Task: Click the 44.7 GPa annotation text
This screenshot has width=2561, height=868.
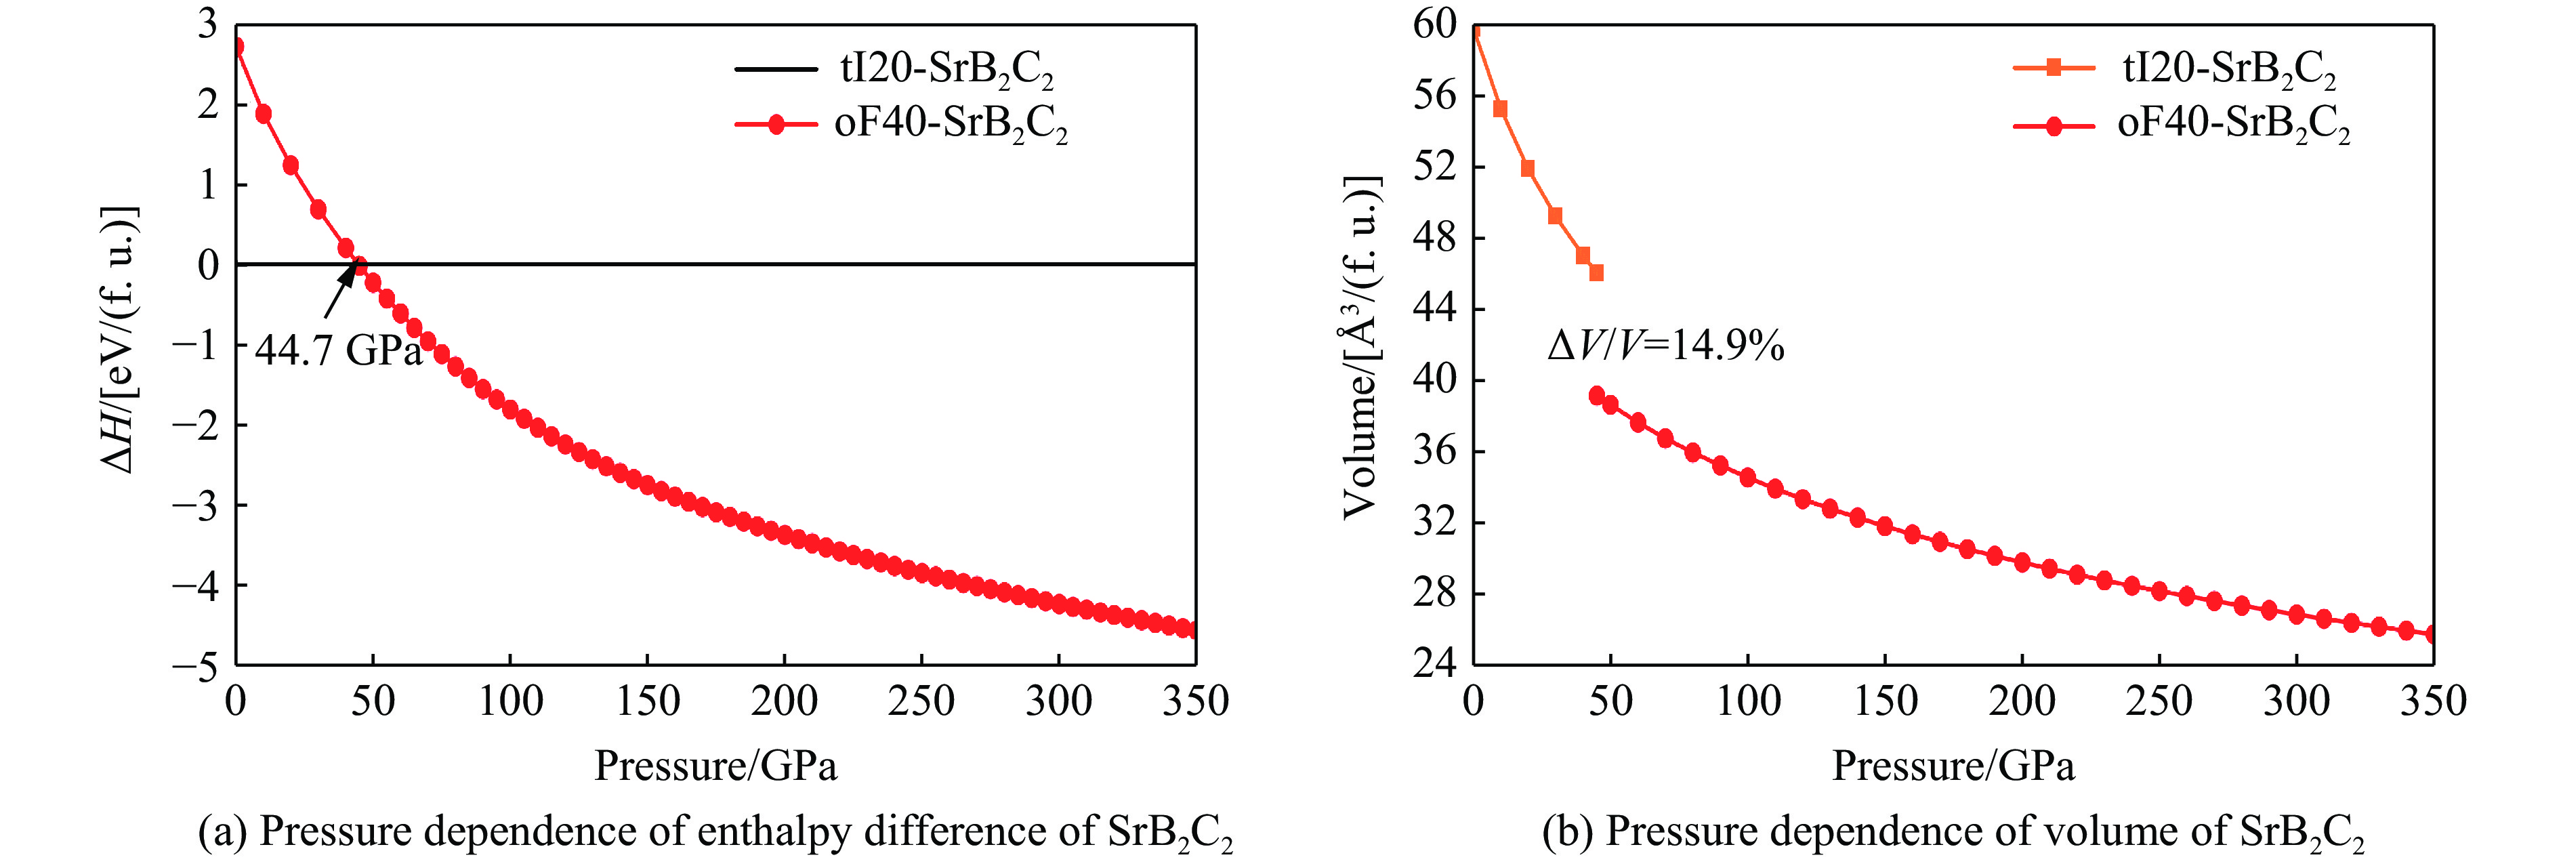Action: (x=338, y=350)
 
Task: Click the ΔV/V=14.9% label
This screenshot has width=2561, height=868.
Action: (x=1665, y=345)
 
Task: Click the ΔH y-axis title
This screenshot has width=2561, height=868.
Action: (x=119, y=340)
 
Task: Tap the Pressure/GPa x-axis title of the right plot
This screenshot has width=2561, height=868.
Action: (x=1953, y=766)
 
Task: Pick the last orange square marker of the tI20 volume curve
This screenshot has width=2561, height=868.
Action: (x=1596, y=272)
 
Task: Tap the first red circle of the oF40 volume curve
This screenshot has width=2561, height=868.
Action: (x=1597, y=396)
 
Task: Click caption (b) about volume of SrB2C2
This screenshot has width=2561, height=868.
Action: (x=1953, y=832)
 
